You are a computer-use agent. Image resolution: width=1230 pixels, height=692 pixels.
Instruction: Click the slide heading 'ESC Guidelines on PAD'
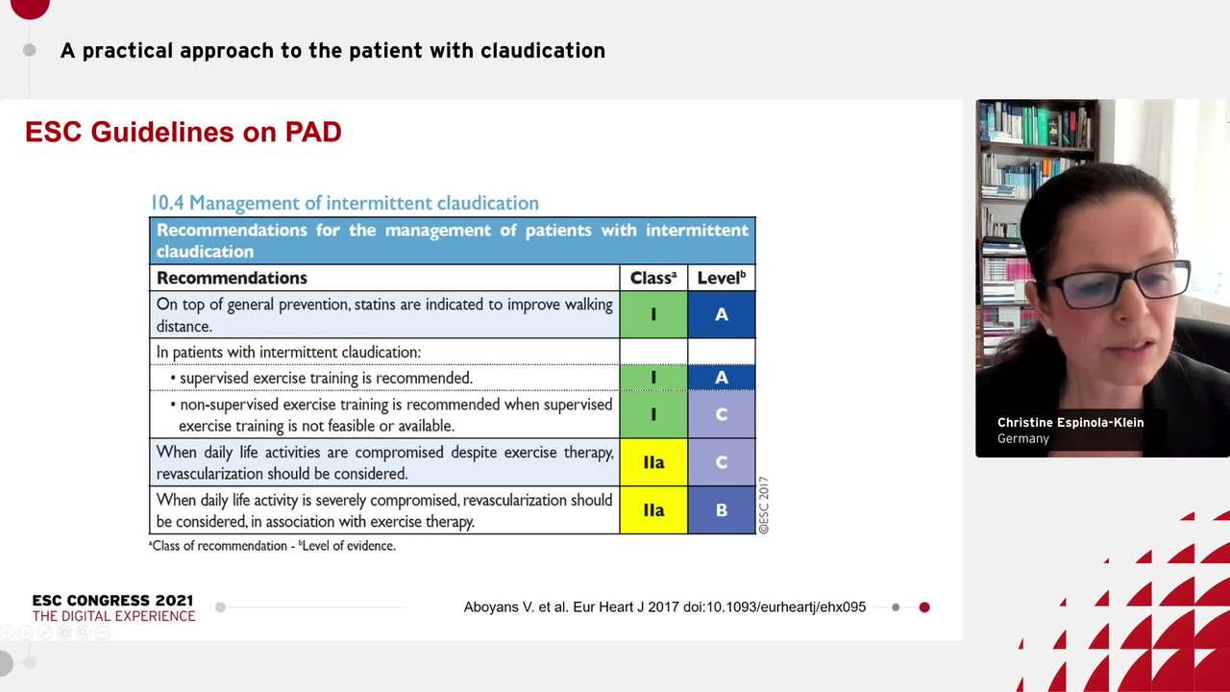[x=183, y=133]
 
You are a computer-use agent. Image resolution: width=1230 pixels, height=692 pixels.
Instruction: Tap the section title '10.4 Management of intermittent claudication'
[x=344, y=203]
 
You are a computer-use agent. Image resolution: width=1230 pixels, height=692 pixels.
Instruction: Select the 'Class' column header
[x=652, y=278]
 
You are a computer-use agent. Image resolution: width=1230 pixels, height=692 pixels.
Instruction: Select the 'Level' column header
[x=721, y=278]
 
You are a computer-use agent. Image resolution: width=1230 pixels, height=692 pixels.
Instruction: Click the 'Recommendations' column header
[x=232, y=278]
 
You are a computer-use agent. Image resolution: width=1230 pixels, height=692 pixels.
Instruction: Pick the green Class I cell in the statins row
[x=653, y=315]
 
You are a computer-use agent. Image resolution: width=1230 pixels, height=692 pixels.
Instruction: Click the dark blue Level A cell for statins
[x=721, y=315]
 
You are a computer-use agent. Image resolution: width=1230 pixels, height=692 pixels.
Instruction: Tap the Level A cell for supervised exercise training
[x=721, y=378]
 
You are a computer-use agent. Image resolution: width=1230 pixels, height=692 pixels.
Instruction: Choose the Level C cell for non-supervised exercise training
[x=721, y=414]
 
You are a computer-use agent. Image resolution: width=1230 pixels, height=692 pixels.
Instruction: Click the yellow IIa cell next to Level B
[x=653, y=510]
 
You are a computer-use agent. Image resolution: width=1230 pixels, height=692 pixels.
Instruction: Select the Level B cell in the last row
[x=721, y=510]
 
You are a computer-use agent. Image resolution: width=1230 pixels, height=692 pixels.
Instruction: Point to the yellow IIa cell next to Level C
[x=653, y=462]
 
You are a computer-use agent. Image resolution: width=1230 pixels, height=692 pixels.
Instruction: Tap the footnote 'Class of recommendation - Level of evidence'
[x=272, y=546]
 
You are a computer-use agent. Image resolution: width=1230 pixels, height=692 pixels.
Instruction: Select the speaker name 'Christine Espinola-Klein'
[x=1070, y=423]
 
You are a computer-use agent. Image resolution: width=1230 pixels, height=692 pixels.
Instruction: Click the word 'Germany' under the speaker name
[x=1022, y=439]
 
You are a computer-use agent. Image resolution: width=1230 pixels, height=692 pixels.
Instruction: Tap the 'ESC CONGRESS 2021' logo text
[x=112, y=601]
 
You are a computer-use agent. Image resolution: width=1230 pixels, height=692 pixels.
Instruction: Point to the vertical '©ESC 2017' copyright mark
[x=764, y=505]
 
